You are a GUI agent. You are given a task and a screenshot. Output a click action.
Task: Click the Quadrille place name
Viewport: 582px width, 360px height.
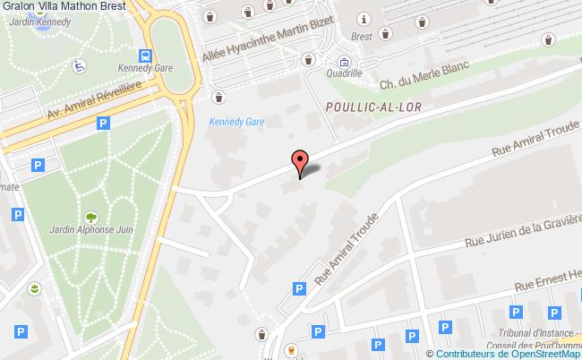(344, 75)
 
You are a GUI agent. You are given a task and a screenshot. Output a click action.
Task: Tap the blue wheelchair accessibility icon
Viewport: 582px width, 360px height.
(79, 64)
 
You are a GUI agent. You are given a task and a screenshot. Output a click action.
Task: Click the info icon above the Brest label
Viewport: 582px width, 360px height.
(364, 20)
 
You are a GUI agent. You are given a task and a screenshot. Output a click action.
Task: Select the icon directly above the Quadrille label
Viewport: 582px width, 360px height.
(344, 62)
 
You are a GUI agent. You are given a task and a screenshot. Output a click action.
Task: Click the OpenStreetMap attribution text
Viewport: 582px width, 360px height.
(505, 353)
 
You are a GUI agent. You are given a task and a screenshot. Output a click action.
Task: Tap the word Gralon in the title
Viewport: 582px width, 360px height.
(18, 5)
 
